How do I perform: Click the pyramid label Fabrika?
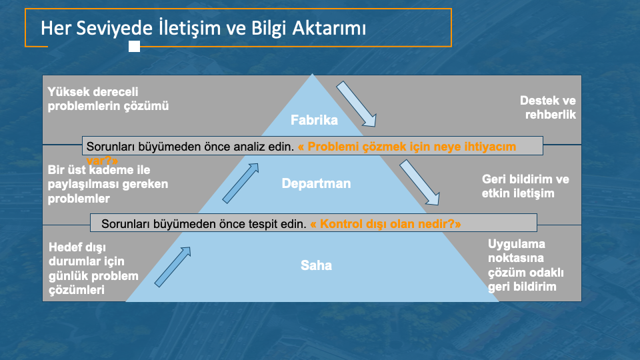click(x=314, y=120)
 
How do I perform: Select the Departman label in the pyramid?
click(x=316, y=183)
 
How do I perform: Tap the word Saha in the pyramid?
click(x=316, y=265)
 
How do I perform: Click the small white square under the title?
click(x=134, y=47)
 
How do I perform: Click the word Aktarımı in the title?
click(x=329, y=28)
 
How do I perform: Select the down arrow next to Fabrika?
click(x=356, y=104)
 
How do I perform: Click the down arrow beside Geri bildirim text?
click(x=419, y=183)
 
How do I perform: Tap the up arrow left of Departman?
click(x=241, y=183)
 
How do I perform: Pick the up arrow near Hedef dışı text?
click(x=173, y=267)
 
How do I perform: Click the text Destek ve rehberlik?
click(x=548, y=107)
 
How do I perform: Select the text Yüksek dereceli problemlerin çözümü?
click(x=108, y=99)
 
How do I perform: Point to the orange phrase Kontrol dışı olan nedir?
click(x=386, y=224)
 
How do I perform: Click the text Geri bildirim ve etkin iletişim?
click(x=525, y=186)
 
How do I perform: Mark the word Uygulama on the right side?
click(x=516, y=244)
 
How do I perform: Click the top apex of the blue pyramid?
click(x=312, y=74)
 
